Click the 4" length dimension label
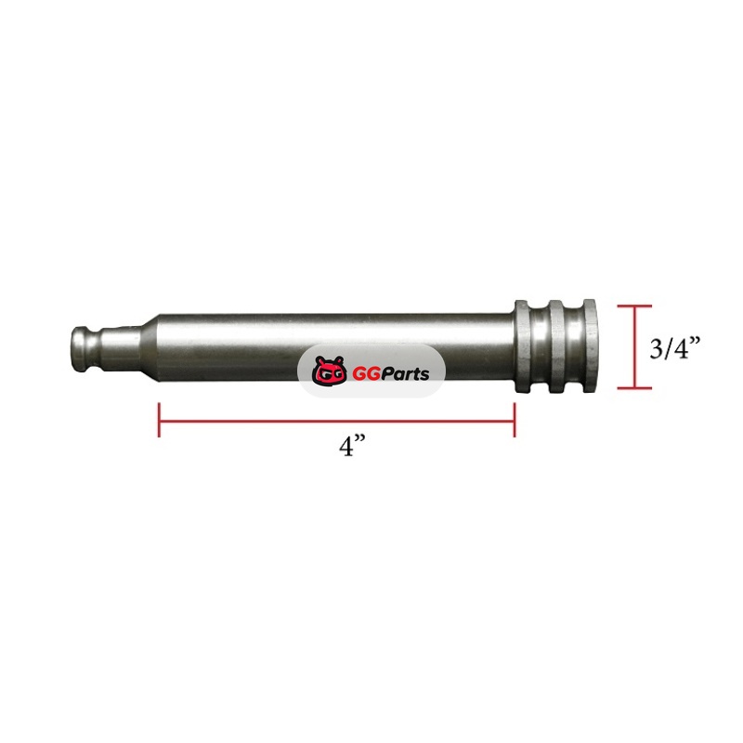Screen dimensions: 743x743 [353, 447]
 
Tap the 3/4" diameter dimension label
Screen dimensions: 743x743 [674, 348]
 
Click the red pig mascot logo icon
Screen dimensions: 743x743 [330, 371]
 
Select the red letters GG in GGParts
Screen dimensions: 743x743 [367, 374]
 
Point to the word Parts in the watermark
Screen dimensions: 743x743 [406, 374]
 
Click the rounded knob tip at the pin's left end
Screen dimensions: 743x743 [81, 349]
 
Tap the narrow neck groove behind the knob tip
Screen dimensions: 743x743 [96, 350]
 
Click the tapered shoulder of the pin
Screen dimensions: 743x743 [148, 348]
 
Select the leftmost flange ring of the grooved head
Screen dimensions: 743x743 [522, 346]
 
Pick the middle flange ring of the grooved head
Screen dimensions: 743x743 [556, 346]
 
